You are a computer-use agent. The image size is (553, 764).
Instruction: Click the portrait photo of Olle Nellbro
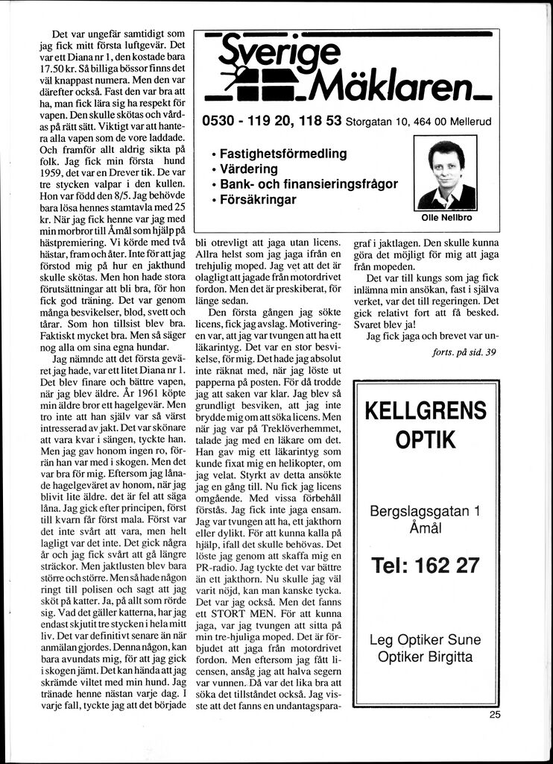[x=446, y=175]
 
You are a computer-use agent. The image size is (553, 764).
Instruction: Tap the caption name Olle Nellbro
[x=446, y=219]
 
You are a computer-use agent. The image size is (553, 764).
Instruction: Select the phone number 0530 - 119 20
[x=244, y=121]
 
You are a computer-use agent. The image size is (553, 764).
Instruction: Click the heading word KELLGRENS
[x=426, y=410]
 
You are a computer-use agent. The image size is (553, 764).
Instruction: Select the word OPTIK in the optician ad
[x=426, y=440]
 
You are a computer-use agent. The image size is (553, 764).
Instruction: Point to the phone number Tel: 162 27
[x=426, y=566]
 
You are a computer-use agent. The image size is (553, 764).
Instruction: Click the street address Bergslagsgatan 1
[x=426, y=511]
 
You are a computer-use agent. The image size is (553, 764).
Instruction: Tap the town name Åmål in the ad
[x=426, y=527]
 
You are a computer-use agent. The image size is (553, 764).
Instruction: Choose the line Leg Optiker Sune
[x=426, y=640]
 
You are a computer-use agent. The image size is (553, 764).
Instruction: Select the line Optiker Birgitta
[x=426, y=657]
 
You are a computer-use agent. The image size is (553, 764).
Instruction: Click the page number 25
[x=496, y=714]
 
